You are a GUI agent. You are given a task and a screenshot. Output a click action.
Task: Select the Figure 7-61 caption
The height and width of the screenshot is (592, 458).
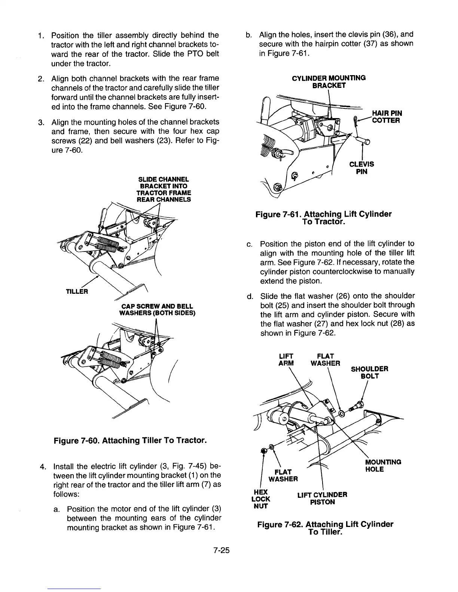click(323, 218)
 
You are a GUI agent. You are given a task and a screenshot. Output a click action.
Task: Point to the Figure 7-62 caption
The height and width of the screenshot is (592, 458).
click(325, 528)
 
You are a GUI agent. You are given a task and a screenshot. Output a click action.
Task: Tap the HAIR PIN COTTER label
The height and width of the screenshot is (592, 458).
click(386, 117)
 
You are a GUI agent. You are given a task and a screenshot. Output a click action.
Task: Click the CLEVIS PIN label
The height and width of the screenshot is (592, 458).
click(361, 168)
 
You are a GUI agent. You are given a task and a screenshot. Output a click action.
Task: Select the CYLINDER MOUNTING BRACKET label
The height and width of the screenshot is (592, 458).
click(329, 81)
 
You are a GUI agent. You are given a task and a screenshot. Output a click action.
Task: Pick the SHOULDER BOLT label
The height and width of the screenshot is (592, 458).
click(369, 372)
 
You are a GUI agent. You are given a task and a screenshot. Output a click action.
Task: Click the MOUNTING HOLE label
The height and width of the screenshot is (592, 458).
click(383, 465)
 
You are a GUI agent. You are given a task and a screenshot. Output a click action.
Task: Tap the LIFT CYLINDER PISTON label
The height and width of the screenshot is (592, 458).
click(322, 498)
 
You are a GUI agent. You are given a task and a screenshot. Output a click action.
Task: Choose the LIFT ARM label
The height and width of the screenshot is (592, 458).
click(286, 359)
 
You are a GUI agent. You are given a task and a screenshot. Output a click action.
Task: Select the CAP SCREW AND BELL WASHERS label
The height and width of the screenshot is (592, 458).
click(157, 309)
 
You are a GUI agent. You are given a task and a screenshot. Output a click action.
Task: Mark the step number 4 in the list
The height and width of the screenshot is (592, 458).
click(43, 466)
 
